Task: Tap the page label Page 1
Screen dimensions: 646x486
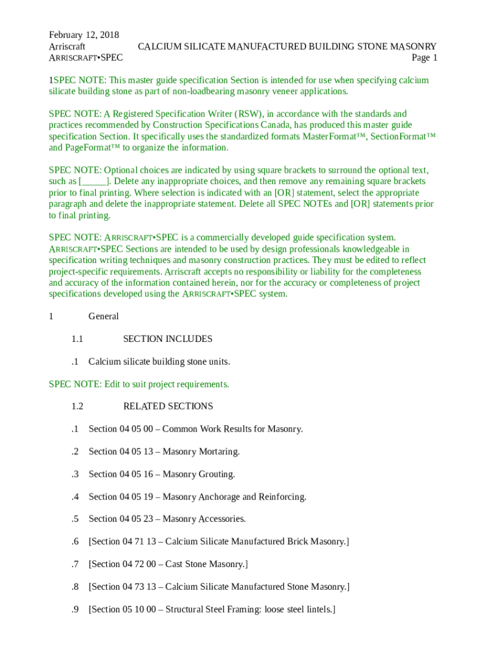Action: click(424, 58)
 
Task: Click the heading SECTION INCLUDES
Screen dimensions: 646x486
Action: click(167, 339)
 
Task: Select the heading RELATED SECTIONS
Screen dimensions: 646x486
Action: click(168, 406)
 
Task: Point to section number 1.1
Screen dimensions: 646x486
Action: click(78, 339)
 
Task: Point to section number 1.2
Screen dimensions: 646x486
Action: click(78, 406)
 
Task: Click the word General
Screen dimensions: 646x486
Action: click(104, 316)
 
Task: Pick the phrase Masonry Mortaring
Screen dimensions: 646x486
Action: click(201, 452)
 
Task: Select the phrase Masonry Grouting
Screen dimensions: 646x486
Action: click(199, 474)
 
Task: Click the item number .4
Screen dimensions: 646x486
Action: click(75, 496)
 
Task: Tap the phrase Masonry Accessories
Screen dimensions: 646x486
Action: click(204, 519)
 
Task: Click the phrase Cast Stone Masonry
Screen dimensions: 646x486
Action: click(205, 564)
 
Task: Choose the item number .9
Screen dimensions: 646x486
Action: click(75, 609)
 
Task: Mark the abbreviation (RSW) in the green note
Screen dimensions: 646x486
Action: click(249, 114)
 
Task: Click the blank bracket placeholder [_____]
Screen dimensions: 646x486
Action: click(96, 182)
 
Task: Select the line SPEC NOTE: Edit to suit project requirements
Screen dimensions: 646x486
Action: click(139, 384)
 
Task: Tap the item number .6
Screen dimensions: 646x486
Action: click(75, 541)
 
